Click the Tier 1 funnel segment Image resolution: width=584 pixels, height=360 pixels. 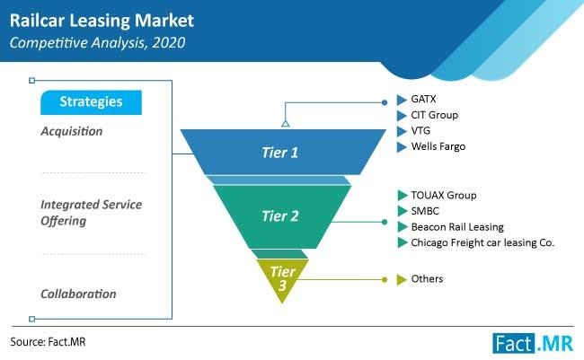pos(283,152)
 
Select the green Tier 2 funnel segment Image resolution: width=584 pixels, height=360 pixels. pos(282,216)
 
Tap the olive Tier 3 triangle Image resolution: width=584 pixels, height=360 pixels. pos(282,278)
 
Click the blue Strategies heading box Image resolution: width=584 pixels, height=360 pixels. pos(92,102)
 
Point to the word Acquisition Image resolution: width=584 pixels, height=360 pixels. pos(72,131)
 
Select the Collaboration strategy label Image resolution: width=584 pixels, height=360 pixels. pos(78,294)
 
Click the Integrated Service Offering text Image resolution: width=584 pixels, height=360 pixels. pos(92,213)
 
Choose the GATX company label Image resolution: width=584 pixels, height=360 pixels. pos(423,99)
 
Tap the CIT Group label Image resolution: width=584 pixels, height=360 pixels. pos(434,115)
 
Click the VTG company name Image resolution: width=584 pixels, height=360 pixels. pos(420,131)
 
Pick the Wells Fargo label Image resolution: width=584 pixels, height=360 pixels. pos(438,146)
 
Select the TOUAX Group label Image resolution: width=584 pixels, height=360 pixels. pos(444,195)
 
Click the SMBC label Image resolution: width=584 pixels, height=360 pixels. pos(425,211)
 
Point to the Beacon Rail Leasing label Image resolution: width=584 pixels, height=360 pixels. pos(457,227)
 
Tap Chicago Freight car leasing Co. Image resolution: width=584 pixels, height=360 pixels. pos(482,242)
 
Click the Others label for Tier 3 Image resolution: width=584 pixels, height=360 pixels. pos(427,279)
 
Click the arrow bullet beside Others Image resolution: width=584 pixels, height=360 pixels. pos(402,279)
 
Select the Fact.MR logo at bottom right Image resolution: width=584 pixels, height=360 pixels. pos(533,343)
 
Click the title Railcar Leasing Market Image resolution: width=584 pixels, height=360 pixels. pos(102,21)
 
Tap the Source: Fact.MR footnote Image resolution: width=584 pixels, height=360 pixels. pos(48,342)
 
